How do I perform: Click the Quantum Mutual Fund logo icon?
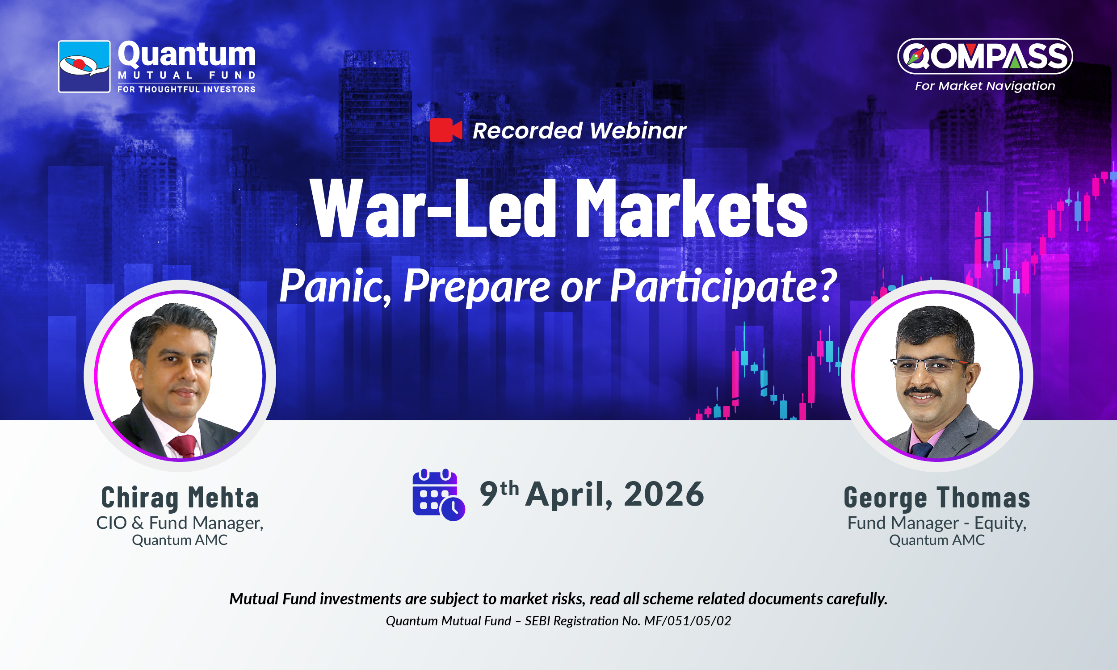pos(84,67)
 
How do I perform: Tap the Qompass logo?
pos(985,56)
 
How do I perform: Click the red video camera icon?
pos(445,130)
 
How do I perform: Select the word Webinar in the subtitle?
pos(638,131)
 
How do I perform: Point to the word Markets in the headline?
pos(691,208)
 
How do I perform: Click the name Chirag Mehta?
pos(180,498)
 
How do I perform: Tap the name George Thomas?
pos(937,498)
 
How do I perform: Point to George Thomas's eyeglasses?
pos(929,366)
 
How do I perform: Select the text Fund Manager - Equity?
pos(937,523)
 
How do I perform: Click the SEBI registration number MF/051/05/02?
pos(688,621)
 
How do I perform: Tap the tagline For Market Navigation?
pos(985,86)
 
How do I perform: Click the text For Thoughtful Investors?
pos(186,89)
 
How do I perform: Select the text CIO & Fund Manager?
pos(180,523)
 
